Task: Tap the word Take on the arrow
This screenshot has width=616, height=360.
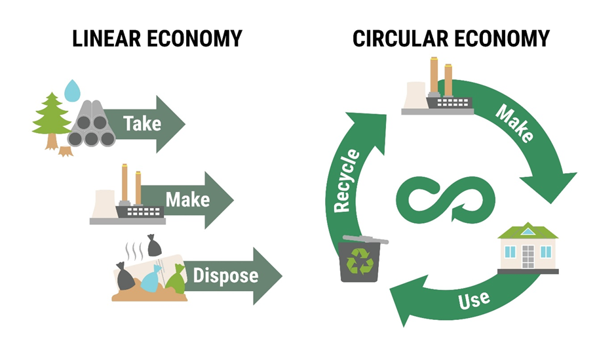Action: [142, 123]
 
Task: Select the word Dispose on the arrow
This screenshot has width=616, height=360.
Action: [225, 275]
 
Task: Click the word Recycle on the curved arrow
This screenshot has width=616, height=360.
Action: [347, 180]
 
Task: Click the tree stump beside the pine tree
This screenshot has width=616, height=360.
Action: [65, 151]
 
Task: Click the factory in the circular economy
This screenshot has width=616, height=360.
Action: [437, 89]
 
